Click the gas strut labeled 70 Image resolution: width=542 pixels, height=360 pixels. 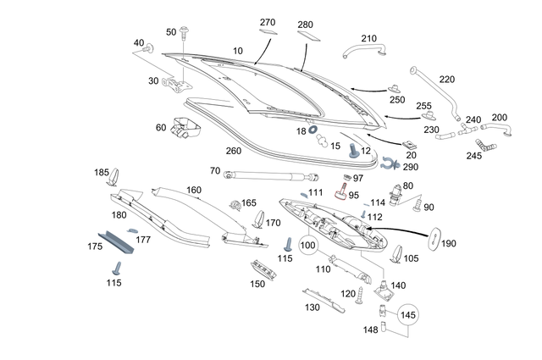(x=271, y=175)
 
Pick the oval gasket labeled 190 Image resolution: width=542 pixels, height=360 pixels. (x=434, y=238)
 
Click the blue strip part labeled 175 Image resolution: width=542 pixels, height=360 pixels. (x=116, y=242)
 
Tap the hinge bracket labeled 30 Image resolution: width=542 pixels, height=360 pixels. (x=177, y=85)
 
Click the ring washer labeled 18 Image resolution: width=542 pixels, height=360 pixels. (x=312, y=130)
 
